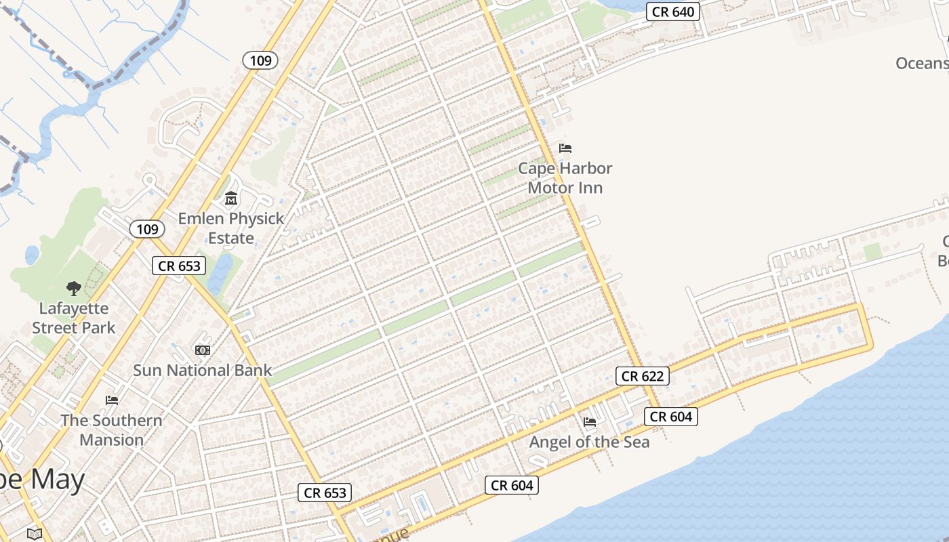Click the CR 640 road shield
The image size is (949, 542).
click(x=673, y=12)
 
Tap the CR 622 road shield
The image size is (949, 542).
click(x=643, y=376)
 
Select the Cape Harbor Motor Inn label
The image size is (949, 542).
click(x=565, y=178)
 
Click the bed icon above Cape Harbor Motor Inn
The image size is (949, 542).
click(x=565, y=148)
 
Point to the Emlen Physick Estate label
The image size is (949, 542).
click(x=231, y=228)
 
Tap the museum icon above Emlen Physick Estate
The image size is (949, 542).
click(x=231, y=199)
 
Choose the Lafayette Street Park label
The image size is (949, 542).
click(x=74, y=318)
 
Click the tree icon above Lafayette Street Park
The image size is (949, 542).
click(x=74, y=289)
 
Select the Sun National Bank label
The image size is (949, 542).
click(x=202, y=370)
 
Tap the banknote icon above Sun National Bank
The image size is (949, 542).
click(x=202, y=350)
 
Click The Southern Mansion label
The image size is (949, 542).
click(x=112, y=430)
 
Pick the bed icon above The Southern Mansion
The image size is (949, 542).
click(x=112, y=400)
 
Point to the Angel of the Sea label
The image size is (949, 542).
click(x=589, y=442)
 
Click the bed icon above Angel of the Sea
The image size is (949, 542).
click(x=590, y=421)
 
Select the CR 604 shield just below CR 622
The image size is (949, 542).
click(x=671, y=417)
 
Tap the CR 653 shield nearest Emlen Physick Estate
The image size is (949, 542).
click(x=179, y=266)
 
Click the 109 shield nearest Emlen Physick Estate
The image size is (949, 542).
click(x=147, y=229)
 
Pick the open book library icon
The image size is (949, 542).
click(x=35, y=533)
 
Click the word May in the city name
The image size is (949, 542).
click(x=58, y=480)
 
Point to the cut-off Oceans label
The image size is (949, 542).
click(x=922, y=63)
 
